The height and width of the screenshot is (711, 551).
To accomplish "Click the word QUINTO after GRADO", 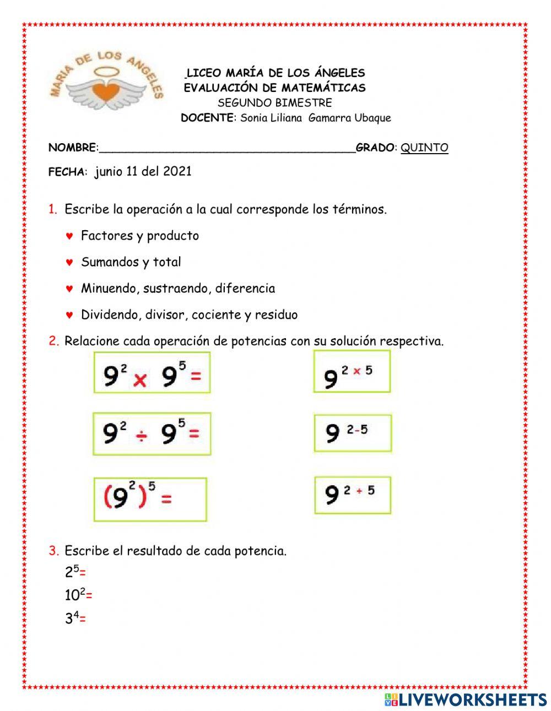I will [x=424, y=148].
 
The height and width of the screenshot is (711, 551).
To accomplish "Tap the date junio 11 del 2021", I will [x=143, y=171].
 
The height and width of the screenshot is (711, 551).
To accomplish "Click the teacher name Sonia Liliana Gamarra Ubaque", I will [x=315, y=118].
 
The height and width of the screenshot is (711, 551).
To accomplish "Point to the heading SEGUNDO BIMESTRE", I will [x=274, y=103].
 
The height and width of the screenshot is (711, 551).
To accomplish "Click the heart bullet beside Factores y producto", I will [x=69, y=236].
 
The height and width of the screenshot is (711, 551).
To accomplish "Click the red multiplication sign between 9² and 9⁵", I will [x=140, y=380].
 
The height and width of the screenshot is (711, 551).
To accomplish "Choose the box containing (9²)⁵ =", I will [x=150, y=499].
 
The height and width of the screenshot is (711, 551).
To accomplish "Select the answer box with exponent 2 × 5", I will [x=352, y=372].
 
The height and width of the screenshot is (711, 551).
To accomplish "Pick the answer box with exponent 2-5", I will [x=353, y=433].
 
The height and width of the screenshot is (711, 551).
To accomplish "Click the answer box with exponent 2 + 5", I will [x=352, y=495].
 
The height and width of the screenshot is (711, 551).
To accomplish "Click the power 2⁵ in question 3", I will [x=72, y=572].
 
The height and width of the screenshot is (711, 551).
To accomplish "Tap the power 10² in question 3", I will [x=75, y=595].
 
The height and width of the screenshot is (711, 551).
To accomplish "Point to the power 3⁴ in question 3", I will [x=72, y=618].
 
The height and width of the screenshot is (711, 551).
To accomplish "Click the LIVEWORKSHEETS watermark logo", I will [x=465, y=699].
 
